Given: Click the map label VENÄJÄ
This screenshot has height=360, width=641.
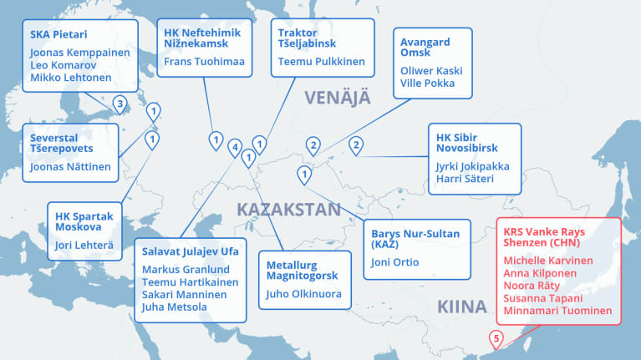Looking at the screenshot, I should click(x=337, y=99).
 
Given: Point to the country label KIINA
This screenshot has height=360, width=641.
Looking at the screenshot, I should click(x=460, y=307).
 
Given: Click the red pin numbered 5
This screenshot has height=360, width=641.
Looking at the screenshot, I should click(x=496, y=339).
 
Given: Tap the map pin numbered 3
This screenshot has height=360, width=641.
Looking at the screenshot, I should click(x=120, y=104).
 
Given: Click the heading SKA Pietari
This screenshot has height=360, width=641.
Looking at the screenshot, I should click(x=59, y=35).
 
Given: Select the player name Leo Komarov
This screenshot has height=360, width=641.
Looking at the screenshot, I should click(x=64, y=64).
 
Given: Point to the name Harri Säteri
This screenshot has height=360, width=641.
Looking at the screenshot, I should click(x=465, y=179).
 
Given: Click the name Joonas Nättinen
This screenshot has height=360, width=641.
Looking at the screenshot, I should click(x=70, y=166).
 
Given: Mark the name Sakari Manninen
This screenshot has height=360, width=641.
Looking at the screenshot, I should click(x=185, y=295).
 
